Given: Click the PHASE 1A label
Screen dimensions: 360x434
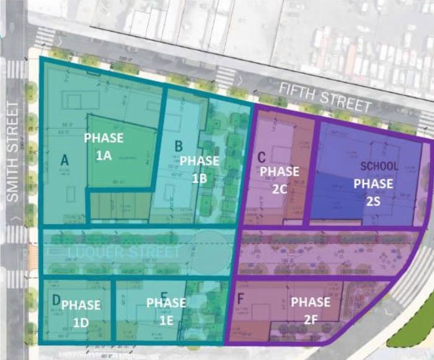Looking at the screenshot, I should click(x=104, y=146).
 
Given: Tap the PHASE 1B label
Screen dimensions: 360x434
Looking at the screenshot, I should click(x=199, y=169).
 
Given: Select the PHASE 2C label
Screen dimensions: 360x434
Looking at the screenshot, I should click(x=280, y=180).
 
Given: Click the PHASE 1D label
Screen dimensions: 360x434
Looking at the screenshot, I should click(x=81, y=313).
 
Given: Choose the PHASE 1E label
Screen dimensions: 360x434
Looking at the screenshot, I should click(x=166, y=311).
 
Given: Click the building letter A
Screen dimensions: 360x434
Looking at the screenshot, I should click(x=64, y=160).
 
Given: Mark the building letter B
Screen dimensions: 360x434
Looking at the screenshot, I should click(x=179, y=146).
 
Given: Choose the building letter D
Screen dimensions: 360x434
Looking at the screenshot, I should click(x=56, y=300).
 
